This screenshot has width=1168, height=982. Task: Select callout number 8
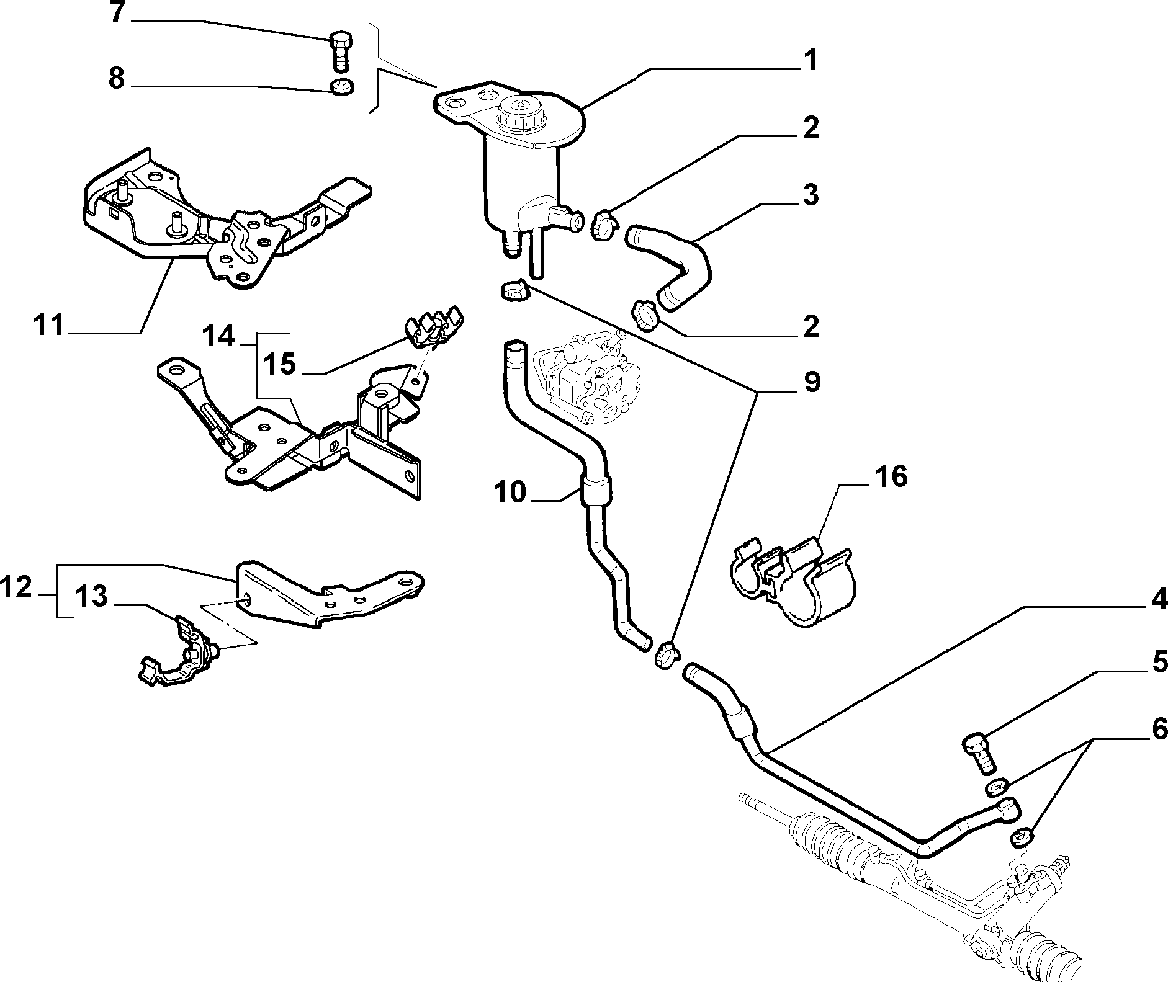[117, 79]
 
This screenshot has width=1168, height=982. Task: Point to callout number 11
[49, 324]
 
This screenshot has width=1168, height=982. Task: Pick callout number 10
[510, 492]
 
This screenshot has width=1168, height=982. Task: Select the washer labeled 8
[341, 87]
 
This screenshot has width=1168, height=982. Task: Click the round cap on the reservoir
[519, 114]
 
